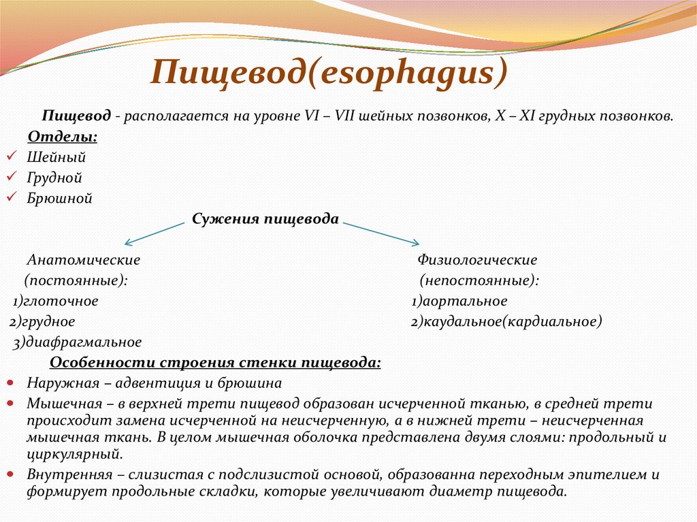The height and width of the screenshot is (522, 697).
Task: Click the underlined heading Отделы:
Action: tap(62, 137)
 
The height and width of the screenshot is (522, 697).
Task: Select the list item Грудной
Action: tap(54, 178)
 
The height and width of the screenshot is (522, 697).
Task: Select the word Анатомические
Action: tap(84, 260)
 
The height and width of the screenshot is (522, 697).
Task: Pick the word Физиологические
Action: tap(477, 260)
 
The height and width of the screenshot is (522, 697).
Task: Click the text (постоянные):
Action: tap(76, 280)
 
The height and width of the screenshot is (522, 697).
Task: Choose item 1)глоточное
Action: tap(56, 301)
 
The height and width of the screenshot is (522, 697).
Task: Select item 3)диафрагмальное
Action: tap(78, 342)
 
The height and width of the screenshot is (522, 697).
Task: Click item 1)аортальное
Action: tap(459, 301)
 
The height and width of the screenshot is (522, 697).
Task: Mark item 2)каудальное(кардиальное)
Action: tap(506, 321)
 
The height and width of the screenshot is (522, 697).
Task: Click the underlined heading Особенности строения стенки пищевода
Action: tap(216, 362)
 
